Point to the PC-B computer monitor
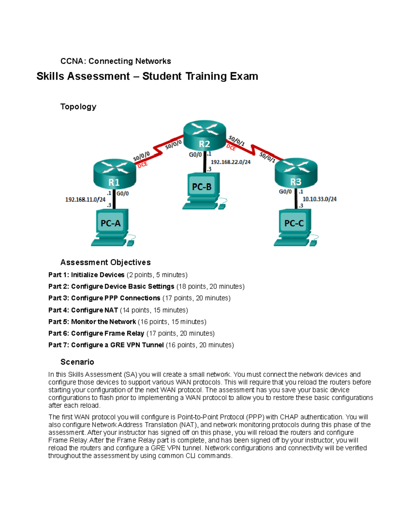pyautogui.click(x=202, y=186)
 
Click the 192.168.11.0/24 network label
pyautogui.click(x=85, y=199)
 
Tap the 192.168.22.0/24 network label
pyautogui.click(x=231, y=162)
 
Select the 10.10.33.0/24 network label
pyautogui.click(x=319, y=199)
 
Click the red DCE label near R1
pyautogui.click(x=142, y=165)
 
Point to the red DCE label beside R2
pyautogui.click(x=231, y=148)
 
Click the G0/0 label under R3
pyautogui.click(x=285, y=192)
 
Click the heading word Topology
pyautogui.click(x=78, y=107)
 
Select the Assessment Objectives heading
pyautogui.click(x=105, y=262)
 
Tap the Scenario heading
pyautogui.click(x=77, y=362)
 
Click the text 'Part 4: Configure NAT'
pyautogui.click(x=83, y=310)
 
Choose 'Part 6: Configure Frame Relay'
pyautogui.click(x=96, y=333)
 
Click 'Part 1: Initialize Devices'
pyautogui.click(x=86, y=275)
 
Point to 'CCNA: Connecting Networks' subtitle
pyautogui.click(x=115, y=61)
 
